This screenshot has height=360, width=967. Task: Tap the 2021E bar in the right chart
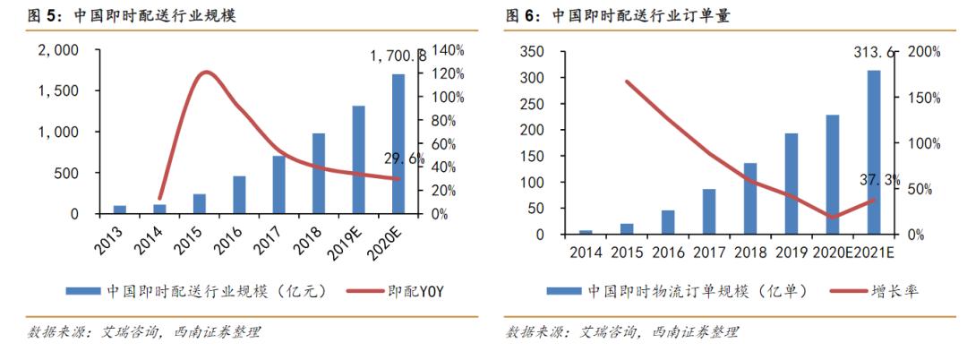point(873,152)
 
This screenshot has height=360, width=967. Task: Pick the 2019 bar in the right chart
point(791,184)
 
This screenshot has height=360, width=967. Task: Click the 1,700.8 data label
point(398,56)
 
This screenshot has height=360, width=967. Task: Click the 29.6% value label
point(404,159)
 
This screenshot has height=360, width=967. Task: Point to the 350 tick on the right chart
point(531,52)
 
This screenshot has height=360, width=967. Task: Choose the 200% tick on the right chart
point(923,52)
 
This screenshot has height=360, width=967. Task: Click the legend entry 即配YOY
point(416,291)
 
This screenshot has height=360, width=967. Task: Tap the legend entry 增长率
point(894,291)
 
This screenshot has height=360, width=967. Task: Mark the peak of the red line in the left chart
point(206,72)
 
